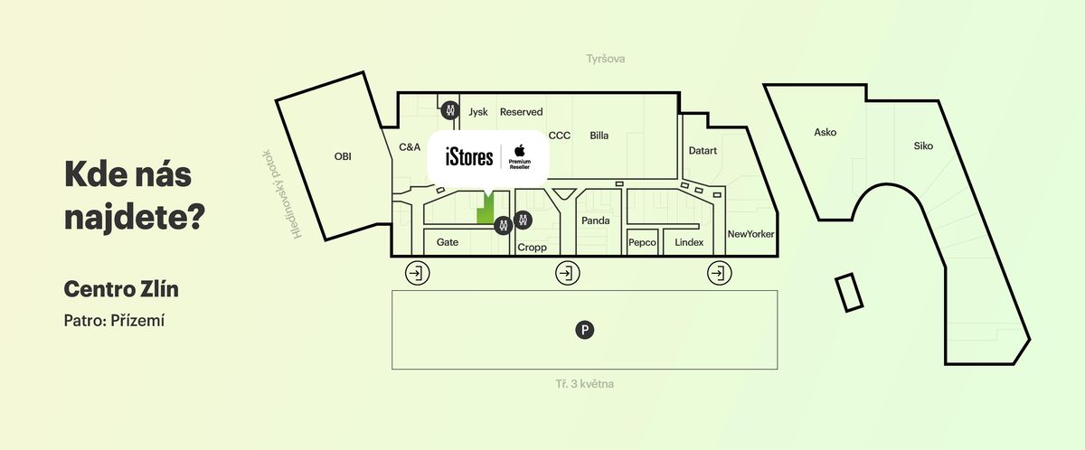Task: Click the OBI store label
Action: (x=343, y=156)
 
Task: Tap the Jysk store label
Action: (x=478, y=112)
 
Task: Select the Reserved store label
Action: (x=522, y=112)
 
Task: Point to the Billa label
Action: (x=599, y=136)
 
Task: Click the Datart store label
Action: (x=703, y=150)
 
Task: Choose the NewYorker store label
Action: (x=750, y=234)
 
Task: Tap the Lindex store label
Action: (x=689, y=242)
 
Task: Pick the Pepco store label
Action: (x=642, y=242)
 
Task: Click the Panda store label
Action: (x=596, y=220)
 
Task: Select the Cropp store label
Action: (x=533, y=247)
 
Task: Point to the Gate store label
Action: (x=448, y=242)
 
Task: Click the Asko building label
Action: (x=825, y=132)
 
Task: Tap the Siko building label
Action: (x=923, y=145)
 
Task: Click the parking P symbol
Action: (x=586, y=330)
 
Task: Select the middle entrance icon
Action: (x=567, y=272)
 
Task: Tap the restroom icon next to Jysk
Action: (x=449, y=110)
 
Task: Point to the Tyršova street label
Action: (x=605, y=59)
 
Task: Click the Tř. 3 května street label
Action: (x=585, y=384)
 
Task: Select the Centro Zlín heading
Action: (x=121, y=290)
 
